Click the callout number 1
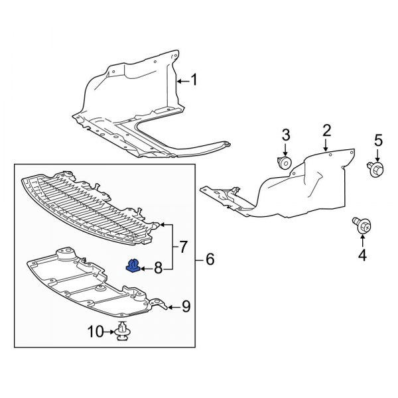tap(194, 81)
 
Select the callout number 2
tap(326, 129)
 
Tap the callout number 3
tap(286, 135)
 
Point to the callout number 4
tap(362, 254)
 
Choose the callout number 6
tap(210, 259)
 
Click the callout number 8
tap(157, 268)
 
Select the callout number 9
tap(186, 306)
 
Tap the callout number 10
tap(94, 330)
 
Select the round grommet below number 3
tap(286, 163)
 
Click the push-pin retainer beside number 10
tap(121, 331)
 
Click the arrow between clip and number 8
tap(145, 268)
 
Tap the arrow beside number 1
tap(183, 81)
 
